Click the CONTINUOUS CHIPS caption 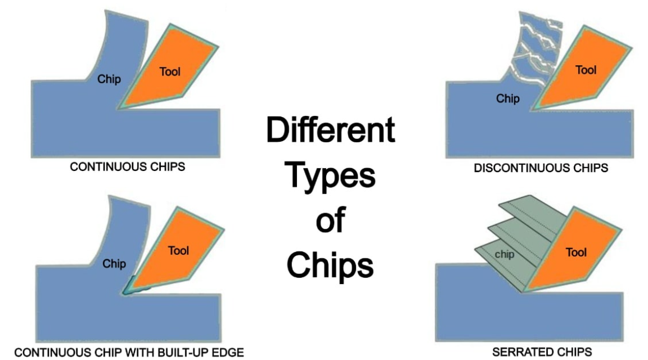pos(127,166)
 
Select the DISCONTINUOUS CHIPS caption pos(541,168)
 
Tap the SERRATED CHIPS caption pos(542,352)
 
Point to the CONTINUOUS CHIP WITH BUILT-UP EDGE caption pos(129,352)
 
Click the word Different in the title pos(331,129)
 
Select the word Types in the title pos(330,175)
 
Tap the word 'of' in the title pos(331,220)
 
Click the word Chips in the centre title pos(330,265)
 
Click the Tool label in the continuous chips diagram pos(170,71)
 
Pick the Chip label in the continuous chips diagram pos(109,79)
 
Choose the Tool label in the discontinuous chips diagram pos(586,70)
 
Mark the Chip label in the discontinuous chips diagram pos(508,98)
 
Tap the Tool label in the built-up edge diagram pos(178,250)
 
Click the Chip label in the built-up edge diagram pos(114,263)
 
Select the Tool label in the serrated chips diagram pos(576,252)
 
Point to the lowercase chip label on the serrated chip pos(505,254)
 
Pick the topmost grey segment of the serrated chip pos(533,215)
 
